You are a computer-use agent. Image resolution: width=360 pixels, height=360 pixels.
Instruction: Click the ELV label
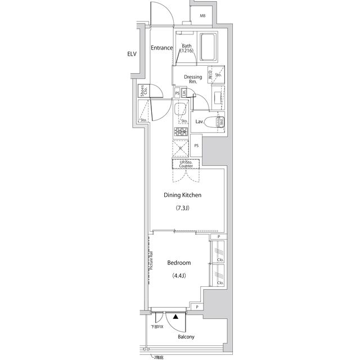pyautogui.click(x=132, y=55)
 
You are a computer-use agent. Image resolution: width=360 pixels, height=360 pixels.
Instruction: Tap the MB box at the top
pyautogui.click(x=202, y=16)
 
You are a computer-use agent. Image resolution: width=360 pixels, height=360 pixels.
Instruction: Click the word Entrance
pyautogui.click(x=161, y=48)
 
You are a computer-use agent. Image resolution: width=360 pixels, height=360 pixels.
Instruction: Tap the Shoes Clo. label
pyautogui.click(x=144, y=91)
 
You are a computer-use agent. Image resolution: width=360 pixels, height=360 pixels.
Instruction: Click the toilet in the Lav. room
pyautogui.click(x=213, y=122)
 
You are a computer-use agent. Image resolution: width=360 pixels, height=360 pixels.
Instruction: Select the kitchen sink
pyautogui.click(x=181, y=109)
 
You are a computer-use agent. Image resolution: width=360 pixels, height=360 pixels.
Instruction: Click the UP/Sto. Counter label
pyautogui.click(x=186, y=164)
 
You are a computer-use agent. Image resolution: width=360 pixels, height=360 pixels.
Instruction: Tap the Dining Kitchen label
pyautogui.click(x=182, y=195)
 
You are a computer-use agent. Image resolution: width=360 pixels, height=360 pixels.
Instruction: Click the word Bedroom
pyautogui.click(x=179, y=263)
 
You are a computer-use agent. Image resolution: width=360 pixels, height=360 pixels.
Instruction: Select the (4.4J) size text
pyautogui.click(x=179, y=276)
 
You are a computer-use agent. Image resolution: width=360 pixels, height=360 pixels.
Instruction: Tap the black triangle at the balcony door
pyautogui.click(x=176, y=317)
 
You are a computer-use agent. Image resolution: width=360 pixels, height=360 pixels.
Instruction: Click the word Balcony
pyautogui.click(x=186, y=337)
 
